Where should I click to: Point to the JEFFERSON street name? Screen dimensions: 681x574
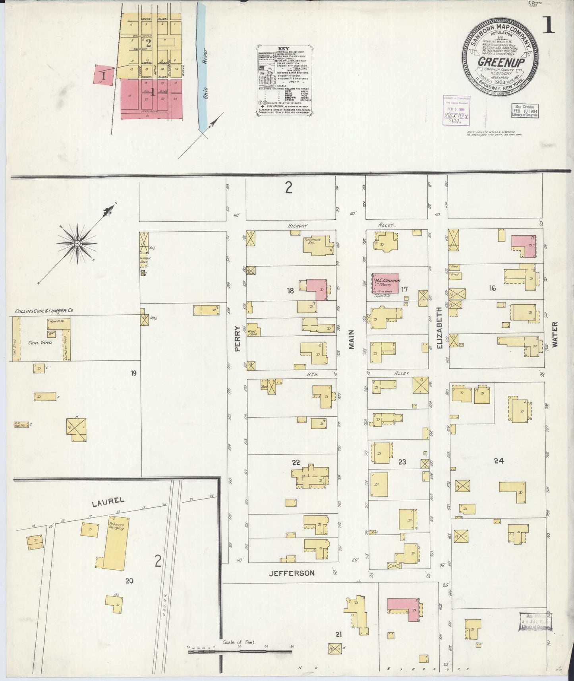coord(292,573)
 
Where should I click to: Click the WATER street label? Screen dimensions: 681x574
coord(555,335)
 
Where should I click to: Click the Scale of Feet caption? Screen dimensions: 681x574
coord(238,642)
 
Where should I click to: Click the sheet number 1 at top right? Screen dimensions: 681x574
coord(550,26)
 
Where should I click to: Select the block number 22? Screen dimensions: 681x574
coord(296,462)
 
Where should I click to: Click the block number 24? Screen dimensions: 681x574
coord(499,461)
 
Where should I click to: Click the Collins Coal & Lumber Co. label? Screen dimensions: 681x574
coord(44,311)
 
